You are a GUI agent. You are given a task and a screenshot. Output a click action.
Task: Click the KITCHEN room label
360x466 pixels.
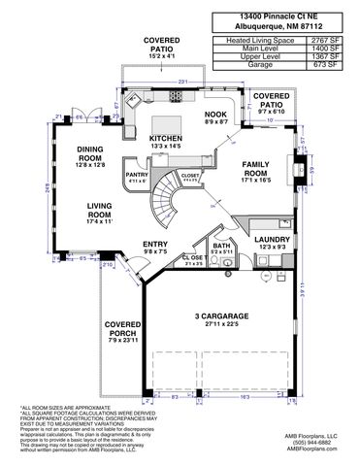(166, 139)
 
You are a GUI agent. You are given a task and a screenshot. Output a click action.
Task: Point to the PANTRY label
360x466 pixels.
(136, 174)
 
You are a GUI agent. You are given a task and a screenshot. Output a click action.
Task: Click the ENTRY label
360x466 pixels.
(155, 245)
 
